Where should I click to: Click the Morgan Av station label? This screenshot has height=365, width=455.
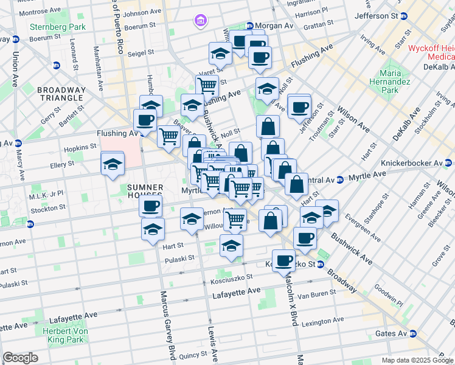tap(270, 26)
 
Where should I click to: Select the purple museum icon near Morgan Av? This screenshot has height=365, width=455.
tap(200, 22)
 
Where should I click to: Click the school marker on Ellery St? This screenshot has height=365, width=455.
tap(113, 165)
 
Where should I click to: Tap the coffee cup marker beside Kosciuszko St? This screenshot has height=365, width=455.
tap(283, 261)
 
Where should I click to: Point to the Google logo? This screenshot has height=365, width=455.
tap(20, 358)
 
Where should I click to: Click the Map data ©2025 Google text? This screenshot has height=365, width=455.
tap(417, 360)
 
